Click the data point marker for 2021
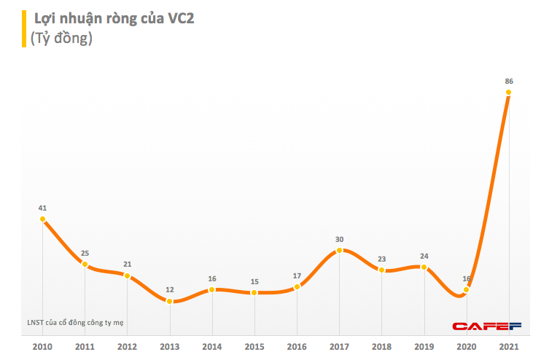pos(509,93)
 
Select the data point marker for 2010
pos(43,219)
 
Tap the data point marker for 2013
pos(170,300)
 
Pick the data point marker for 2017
pos(340,251)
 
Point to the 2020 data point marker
pos(467,289)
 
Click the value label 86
pos(509,81)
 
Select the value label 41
pos(43,208)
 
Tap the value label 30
pos(340,239)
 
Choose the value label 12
pos(170,289)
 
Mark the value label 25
pos(85,253)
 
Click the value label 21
pos(128,264)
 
